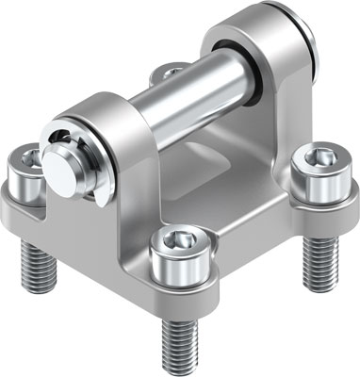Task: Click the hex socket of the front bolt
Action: click(177, 244)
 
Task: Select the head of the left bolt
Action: click(26, 172)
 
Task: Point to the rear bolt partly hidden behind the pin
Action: click(170, 71)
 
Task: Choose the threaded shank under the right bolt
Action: click(319, 254)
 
